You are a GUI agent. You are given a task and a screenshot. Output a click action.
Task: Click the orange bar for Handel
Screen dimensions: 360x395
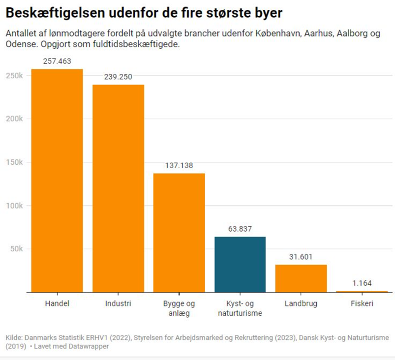point(57,180)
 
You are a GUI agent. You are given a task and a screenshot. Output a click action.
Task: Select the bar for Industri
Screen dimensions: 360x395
point(118,188)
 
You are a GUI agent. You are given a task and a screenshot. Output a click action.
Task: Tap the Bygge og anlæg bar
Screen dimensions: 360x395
point(179,233)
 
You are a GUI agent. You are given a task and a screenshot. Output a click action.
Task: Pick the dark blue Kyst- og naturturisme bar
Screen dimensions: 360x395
point(240,265)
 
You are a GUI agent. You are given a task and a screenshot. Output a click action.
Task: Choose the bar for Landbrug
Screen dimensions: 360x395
point(301,278)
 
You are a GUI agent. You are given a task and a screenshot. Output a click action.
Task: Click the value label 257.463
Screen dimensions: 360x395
point(57,61)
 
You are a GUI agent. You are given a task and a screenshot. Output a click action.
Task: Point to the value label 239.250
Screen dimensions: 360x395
point(118,77)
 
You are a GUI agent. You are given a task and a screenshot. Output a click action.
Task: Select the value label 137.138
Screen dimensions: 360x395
point(179,166)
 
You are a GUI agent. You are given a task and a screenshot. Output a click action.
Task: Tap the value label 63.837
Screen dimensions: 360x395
point(240,229)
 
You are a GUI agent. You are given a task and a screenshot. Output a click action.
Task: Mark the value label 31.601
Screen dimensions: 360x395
point(301,257)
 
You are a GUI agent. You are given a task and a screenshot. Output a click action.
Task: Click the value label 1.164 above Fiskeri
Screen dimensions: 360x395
point(362,283)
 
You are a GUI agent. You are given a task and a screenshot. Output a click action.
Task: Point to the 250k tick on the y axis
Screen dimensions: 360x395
point(15,76)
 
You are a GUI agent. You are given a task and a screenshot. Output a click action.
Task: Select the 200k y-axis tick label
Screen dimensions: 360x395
point(15,119)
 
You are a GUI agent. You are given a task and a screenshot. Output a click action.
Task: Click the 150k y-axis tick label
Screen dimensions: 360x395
point(15,162)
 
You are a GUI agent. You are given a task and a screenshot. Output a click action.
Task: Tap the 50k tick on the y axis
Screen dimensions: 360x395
point(17,249)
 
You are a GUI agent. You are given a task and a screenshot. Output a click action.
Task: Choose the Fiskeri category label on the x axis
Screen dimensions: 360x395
point(362,303)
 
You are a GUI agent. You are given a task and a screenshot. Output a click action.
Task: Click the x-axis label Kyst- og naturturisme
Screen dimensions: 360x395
point(240,308)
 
